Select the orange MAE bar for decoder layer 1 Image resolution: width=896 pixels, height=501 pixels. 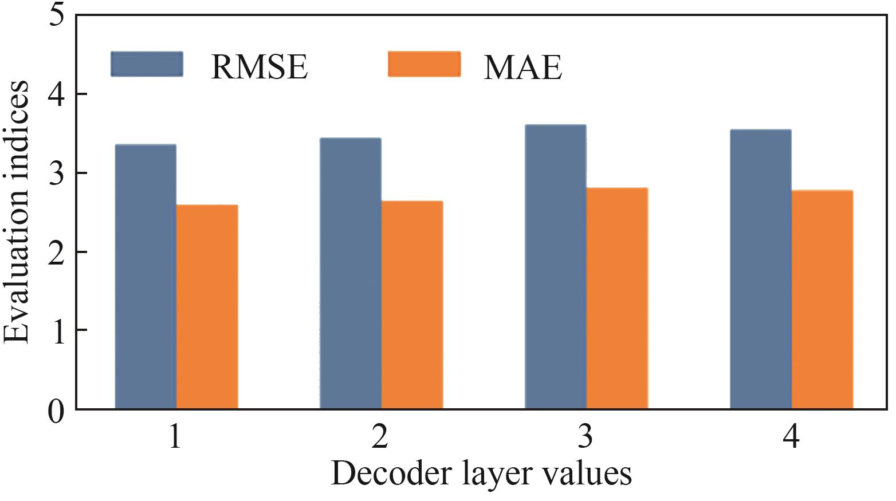coord(207,307)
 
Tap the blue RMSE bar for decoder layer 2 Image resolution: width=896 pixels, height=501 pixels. coord(351,273)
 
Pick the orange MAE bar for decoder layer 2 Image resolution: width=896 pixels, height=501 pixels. coord(412,305)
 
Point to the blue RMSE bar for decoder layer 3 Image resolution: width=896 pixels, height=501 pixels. coord(556,267)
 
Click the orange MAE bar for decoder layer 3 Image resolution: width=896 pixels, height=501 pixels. coord(617,298)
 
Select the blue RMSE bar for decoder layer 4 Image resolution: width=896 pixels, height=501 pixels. coord(761,269)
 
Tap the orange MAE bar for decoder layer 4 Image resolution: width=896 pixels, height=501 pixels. coord(822,299)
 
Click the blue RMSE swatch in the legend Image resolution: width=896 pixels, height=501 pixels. coord(147,64)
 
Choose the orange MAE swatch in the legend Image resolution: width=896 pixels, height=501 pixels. coord(424,64)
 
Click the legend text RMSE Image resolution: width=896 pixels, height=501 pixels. coord(260,66)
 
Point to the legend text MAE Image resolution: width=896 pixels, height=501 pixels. coord(522,66)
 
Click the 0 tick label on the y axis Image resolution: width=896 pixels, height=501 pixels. coord(56,410)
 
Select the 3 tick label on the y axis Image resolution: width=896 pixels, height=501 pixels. coord(56,173)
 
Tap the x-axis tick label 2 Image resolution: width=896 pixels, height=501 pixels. coord(379,439)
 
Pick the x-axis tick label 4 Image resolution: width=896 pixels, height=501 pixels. coord(791,439)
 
